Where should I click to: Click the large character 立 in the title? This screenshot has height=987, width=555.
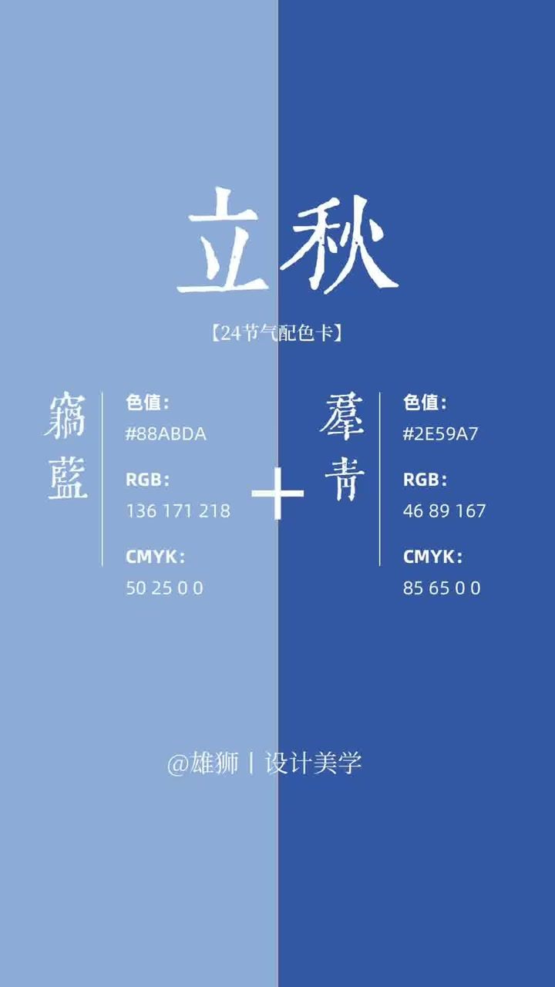tap(224, 241)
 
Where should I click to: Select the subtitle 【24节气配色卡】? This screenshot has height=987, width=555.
tap(277, 333)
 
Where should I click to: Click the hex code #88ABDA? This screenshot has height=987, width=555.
tap(166, 434)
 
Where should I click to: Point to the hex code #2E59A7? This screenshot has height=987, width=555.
tap(440, 434)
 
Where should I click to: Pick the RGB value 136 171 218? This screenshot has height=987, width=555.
tap(178, 511)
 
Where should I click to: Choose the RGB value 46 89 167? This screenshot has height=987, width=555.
tap(444, 511)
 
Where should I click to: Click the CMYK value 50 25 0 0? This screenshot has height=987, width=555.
tap(165, 588)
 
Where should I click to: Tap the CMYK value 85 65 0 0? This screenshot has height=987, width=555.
tap(442, 588)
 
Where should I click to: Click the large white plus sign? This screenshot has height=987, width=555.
tap(277, 493)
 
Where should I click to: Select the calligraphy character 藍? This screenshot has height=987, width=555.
tap(67, 477)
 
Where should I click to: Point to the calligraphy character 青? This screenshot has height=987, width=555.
tap(345, 479)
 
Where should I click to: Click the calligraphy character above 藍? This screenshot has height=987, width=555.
tap(65, 416)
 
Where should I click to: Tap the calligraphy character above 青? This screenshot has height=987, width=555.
tap(342, 416)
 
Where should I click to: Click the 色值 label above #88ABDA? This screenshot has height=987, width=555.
tap(147, 403)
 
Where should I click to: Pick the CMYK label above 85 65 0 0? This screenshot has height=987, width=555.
tap(432, 557)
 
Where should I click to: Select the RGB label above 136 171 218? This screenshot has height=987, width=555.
tap(147, 480)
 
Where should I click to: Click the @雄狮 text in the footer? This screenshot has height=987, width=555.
tap(203, 763)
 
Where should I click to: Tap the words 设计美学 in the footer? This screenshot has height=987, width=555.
tap(313, 763)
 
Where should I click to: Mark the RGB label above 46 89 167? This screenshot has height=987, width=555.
tap(425, 480)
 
